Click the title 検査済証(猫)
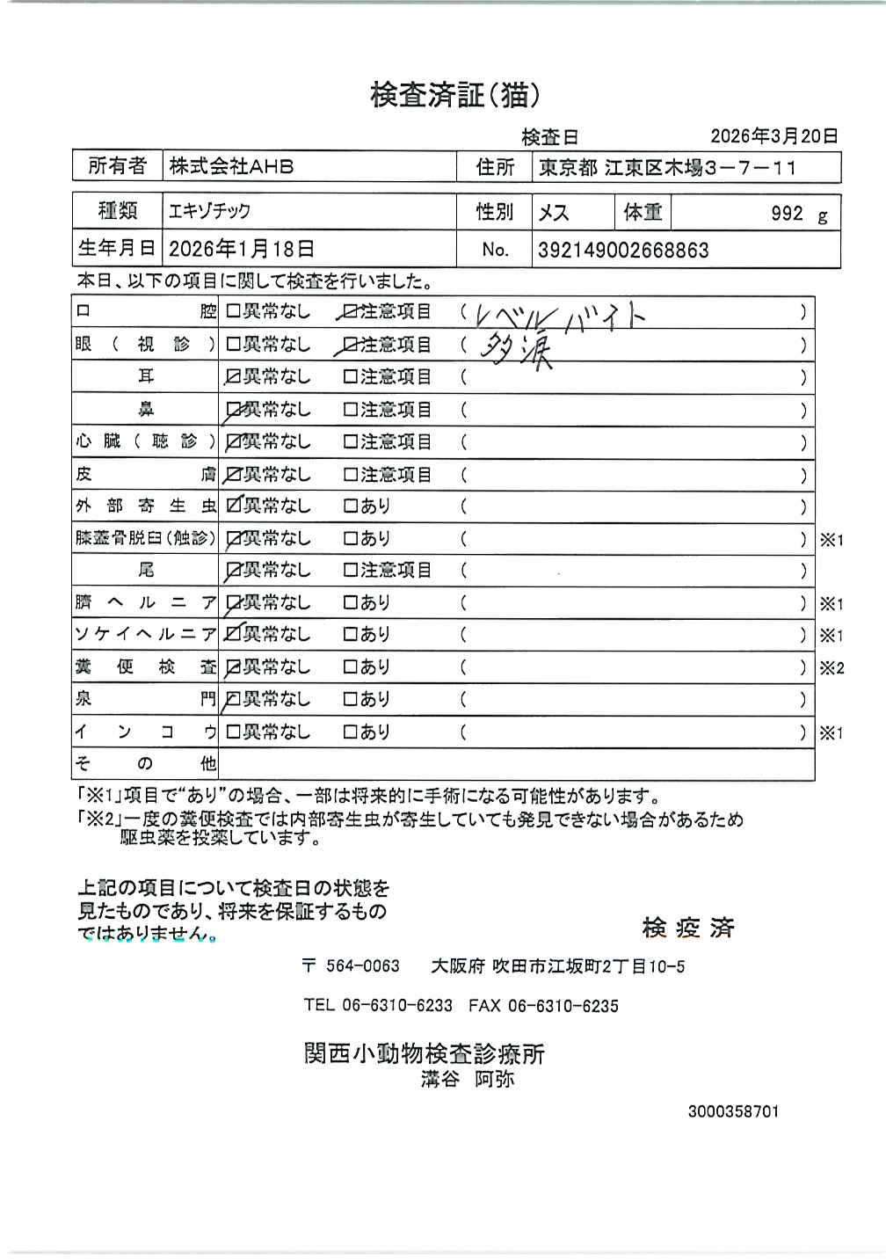(454, 95)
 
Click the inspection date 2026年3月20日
(773, 136)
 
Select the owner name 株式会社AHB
(231, 167)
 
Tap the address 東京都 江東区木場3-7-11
(667, 168)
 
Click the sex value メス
(554, 213)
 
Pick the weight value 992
(787, 214)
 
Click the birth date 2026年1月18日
(241, 250)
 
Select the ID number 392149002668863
(623, 251)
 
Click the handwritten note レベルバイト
(559, 315)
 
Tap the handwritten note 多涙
(516, 350)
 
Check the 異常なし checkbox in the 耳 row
(234, 377)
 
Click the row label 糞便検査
(145, 667)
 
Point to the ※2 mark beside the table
(832, 668)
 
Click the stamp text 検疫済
(688, 928)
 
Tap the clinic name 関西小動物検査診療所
(425, 1053)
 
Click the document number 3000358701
(733, 1111)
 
